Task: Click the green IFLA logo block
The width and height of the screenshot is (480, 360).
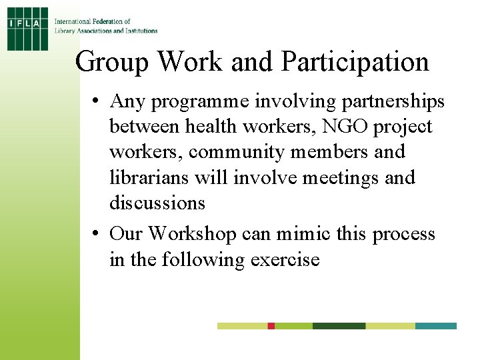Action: [x=28, y=28]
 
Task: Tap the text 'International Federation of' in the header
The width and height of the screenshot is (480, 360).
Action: [x=92, y=22]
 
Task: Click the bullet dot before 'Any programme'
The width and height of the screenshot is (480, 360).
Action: [x=97, y=101]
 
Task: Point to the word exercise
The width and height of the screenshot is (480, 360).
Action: [x=285, y=259]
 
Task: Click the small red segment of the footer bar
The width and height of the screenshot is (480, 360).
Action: [x=271, y=326]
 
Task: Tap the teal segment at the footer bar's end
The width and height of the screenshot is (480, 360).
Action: [x=435, y=326]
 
